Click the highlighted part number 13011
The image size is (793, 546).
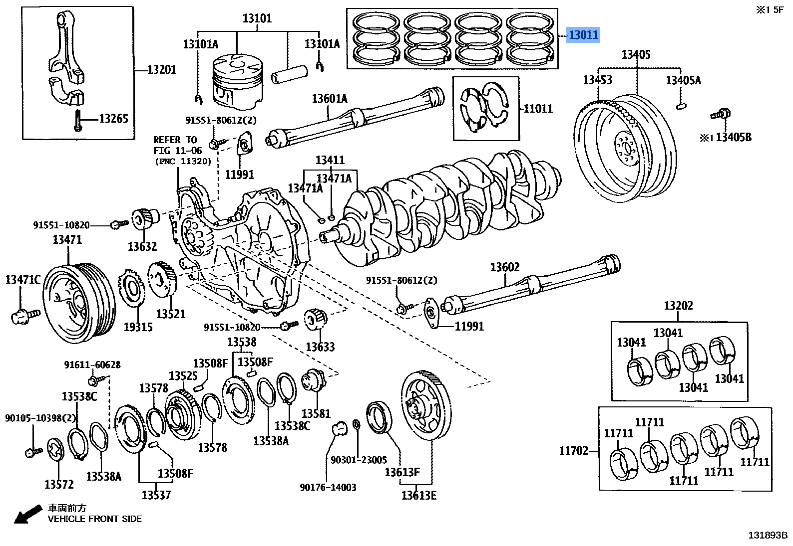point(583,35)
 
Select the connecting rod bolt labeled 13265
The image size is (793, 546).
point(77,119)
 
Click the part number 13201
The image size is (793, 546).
point(161,69)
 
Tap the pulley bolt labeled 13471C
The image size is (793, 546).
point(24,315)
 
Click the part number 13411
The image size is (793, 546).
point(330,160)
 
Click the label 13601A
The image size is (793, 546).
point(329,98)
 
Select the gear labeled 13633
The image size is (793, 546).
point(316,319)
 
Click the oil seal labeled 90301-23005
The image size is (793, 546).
point(357,424)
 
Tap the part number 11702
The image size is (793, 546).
point(573,452)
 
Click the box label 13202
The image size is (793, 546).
point(678,306)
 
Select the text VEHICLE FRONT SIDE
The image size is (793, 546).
point(94,519)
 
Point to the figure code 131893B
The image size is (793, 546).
point(767,535)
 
